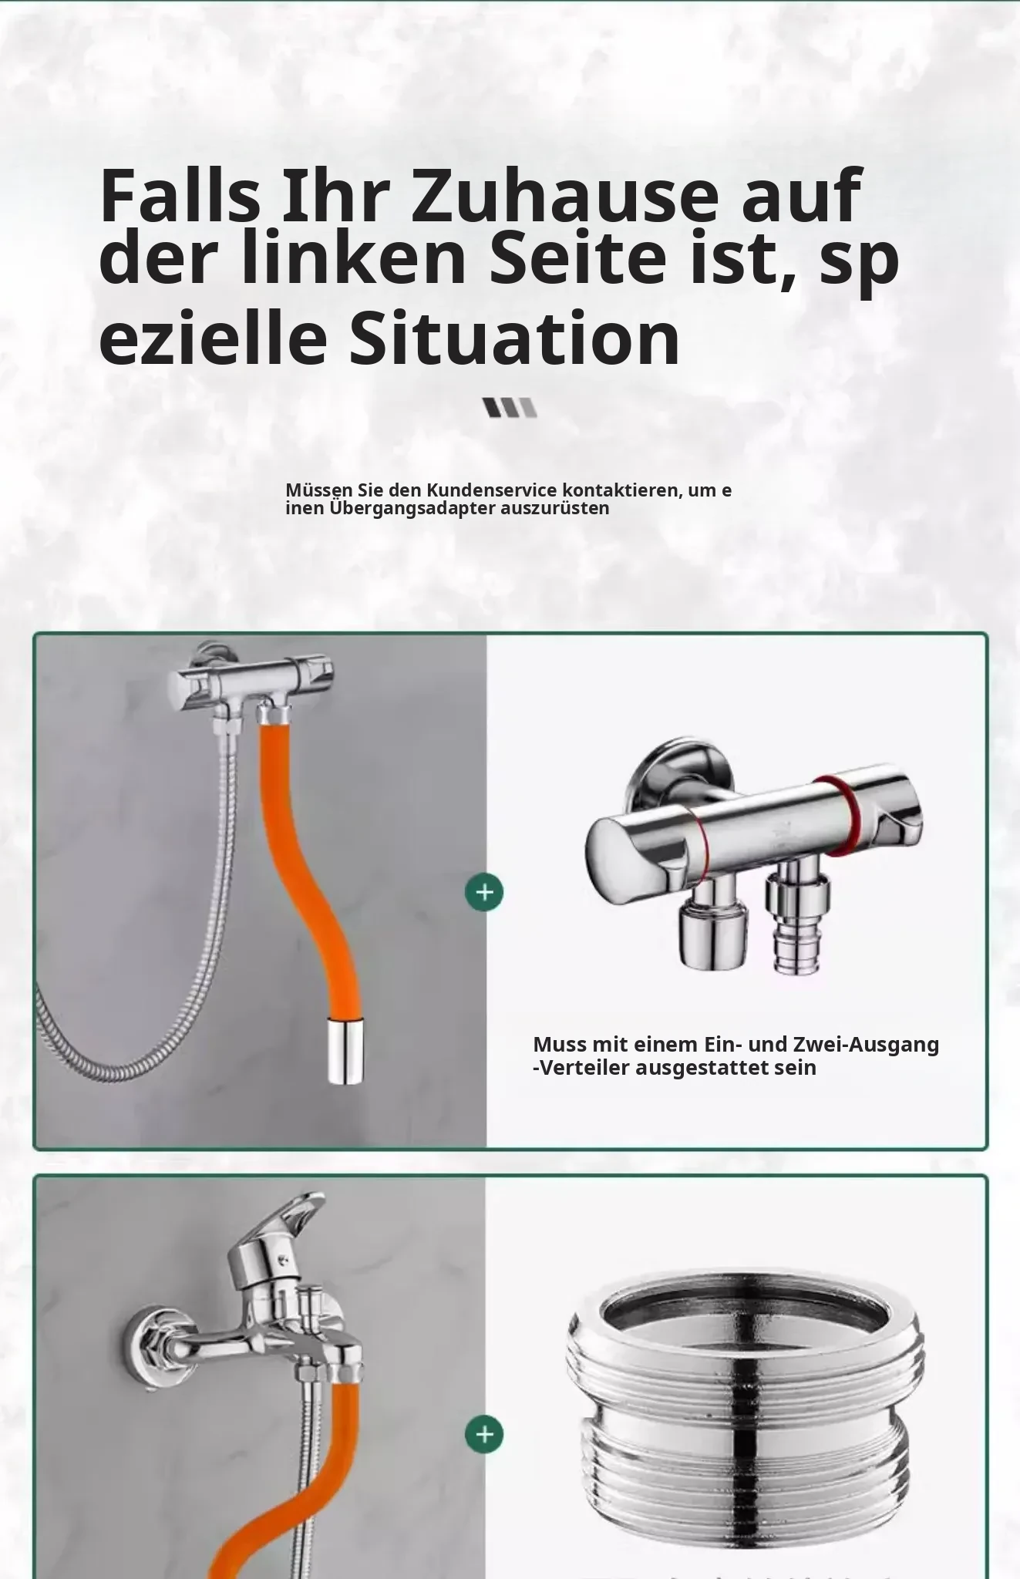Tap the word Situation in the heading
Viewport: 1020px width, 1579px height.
point(514,337)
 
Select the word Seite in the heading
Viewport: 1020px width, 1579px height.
point(577,257)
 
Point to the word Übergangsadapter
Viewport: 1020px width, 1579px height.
point(412,508)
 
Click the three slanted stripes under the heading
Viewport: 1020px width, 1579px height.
point(510,407)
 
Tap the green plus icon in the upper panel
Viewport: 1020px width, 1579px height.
point(484,892)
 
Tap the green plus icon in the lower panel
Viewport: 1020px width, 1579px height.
point(484,1434)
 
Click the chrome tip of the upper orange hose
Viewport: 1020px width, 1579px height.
point(345,1050)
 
